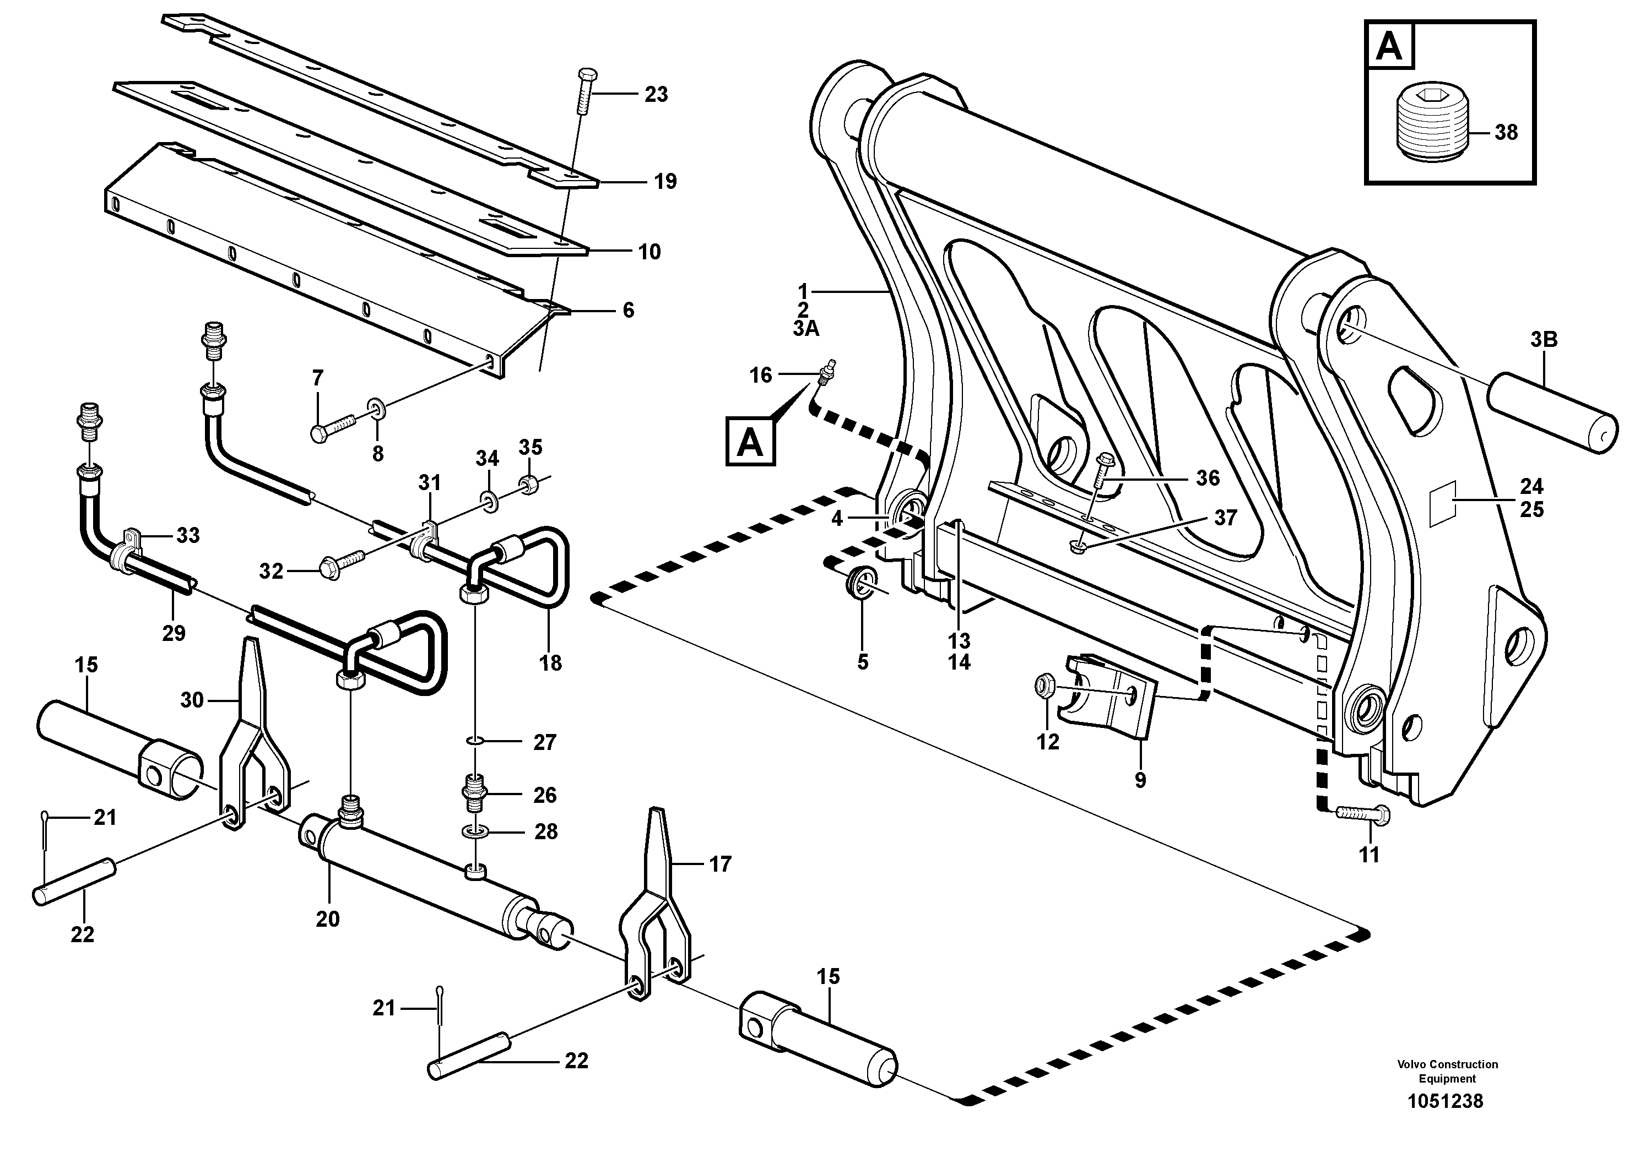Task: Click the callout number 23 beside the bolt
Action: [656, 94]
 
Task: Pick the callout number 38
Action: [1506, 133]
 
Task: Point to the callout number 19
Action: [665, 181]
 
